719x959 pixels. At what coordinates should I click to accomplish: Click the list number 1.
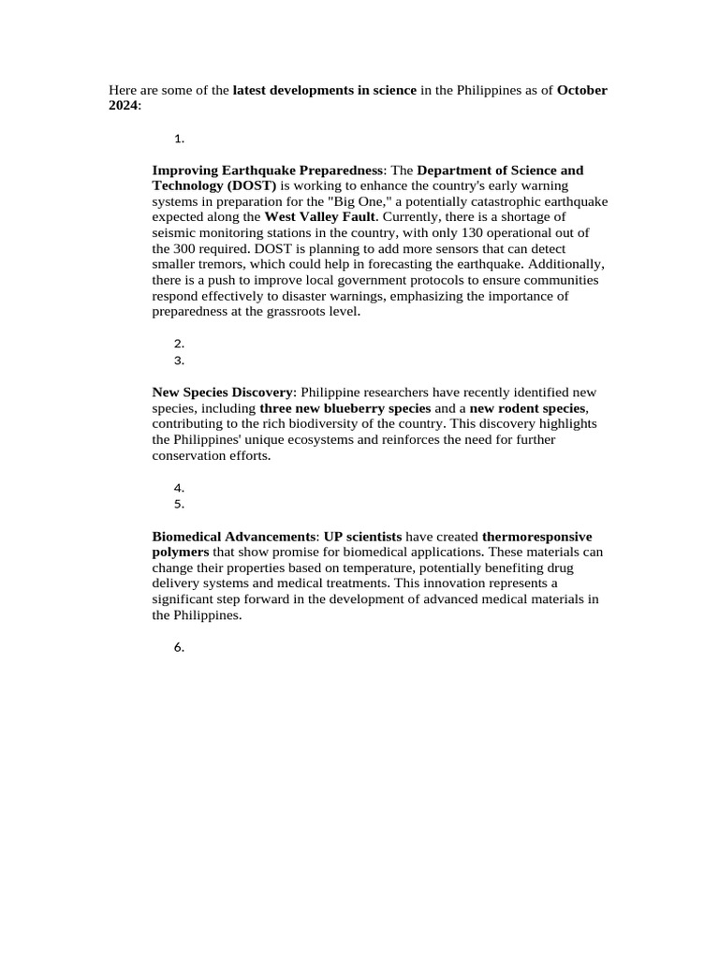coord(178,139)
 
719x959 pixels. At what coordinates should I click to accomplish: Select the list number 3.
coord(178,361)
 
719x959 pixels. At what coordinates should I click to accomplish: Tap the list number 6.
coord(178,648)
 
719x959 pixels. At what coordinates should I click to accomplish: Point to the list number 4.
coord(178,488)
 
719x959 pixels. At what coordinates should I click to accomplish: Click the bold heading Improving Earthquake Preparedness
coord(268,170)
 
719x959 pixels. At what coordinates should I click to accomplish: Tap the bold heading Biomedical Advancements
coord(233,537)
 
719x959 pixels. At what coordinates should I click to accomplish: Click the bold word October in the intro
coord(582,91)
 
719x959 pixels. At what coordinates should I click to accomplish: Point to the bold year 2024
coord(124,106)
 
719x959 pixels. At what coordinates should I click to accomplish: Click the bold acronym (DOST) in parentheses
coord(247,186)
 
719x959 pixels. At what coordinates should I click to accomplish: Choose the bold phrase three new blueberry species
coord(345,408)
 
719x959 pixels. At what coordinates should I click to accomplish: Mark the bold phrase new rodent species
coord(527,408)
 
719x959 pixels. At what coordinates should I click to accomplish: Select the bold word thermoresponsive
coord(536,537)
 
